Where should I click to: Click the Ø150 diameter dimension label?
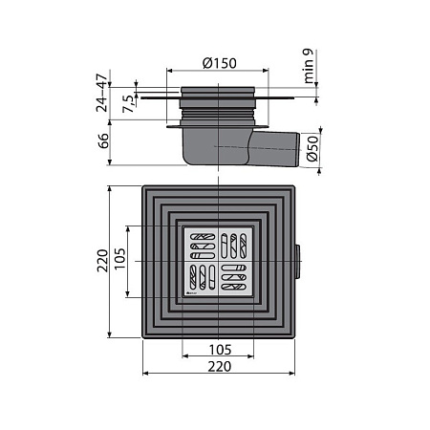pyautogui.click(x=220, y=63)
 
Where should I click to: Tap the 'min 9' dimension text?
pyautogui.click(x=309, y=66)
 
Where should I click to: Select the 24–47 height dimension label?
pyautogui.click(x=102, y=93)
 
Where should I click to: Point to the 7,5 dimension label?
pyautogui.click(x=129, y=104)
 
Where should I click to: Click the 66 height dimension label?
pyautogui.click(x=103, y=140)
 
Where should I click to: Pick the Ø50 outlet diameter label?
pyautogui.click(x=312, y=148)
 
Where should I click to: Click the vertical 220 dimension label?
pyautogui.click(x=102, y=261)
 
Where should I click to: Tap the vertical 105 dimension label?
pyautogui.click(x=120, y=259)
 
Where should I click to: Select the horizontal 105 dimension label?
pyautogui.click(x=220, y=350)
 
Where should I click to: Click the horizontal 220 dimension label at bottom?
pyautogui.click(x=220, y=367)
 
